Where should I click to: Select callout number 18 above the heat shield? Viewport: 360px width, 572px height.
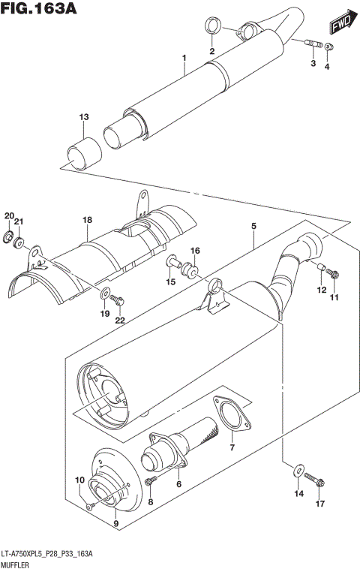[87, 219]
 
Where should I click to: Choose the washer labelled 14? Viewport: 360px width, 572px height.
[298, 472]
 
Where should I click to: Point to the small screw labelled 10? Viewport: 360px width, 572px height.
[91, 507]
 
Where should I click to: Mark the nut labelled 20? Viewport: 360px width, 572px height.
[9, 239]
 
